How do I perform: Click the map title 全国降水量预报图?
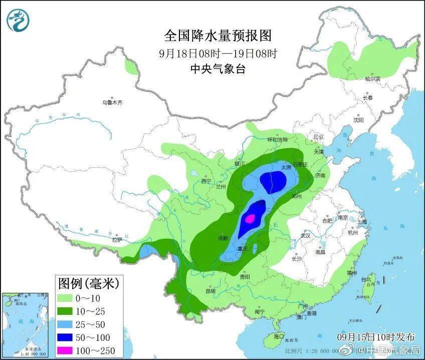click(218, 36)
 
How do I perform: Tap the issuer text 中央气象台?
click(218, 69)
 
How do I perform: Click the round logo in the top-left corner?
click(18, 19)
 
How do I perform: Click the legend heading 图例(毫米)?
click(88, 284)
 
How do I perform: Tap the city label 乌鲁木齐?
click(112, 102)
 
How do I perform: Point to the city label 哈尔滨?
click(372, 79)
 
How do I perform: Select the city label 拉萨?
click(117, 240)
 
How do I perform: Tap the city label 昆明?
click(209, 290)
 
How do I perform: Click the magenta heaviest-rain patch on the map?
click(250, 218)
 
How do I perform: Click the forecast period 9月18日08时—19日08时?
click(218, 53)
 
